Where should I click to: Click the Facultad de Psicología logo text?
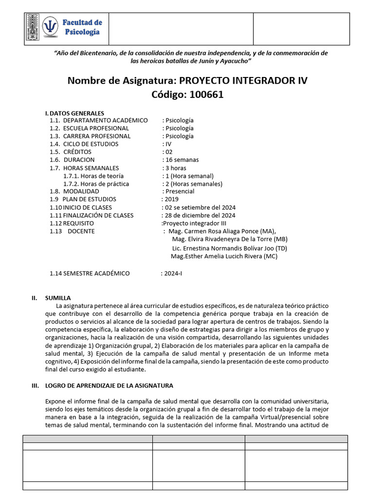[x=81, y=27]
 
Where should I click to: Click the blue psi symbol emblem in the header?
[x=50, y=27]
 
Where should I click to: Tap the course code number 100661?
[x=203, y=95]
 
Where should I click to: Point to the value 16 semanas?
[x=181, y=160]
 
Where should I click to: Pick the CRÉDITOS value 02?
[x=168, y=152]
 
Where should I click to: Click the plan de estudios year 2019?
[x=171, y=199]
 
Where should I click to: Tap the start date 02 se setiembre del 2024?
[x=198, y=208]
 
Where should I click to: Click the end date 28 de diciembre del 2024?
[x=200, y=215]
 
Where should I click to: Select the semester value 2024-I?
[x=173, y=273]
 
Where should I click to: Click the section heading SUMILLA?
[x=58, y=298]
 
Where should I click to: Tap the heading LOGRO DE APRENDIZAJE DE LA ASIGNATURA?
[x=109, y=385]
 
